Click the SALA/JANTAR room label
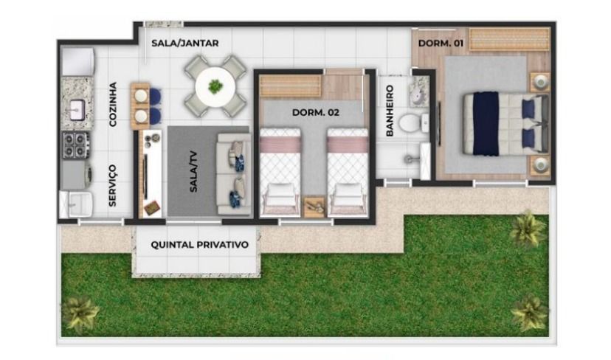coord(184,44)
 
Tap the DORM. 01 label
coord(441,44)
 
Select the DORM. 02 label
coord(316,113)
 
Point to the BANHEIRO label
coord(390,111)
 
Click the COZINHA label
coord(113,104)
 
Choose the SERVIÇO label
coord(113,185)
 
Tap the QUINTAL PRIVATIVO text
coord(199,245)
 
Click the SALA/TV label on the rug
coord(193,171)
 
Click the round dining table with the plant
coord(215,86)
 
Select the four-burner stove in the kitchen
coord(75,145)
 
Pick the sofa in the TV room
coord(234,174)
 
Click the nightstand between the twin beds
coord(314,207)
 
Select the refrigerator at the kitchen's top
coord(78,61)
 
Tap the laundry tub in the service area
coord(76,204)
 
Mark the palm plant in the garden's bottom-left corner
coord(80,314)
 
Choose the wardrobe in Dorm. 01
coord(508,39)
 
